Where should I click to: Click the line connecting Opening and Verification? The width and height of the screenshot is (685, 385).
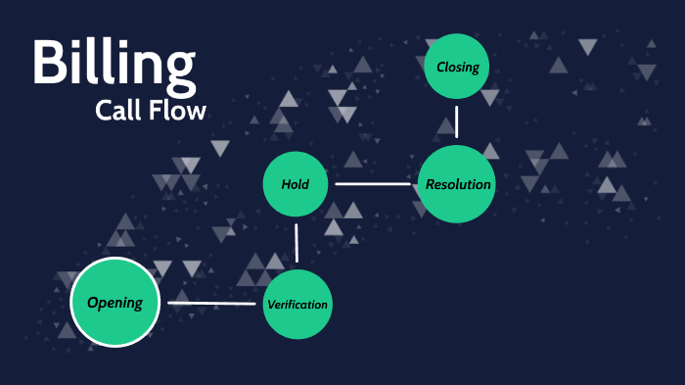click(x=212, y=303)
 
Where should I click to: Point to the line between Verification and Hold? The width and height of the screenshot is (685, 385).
click(x=297, y=243)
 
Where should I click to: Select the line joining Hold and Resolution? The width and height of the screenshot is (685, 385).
click(x=374, y=183)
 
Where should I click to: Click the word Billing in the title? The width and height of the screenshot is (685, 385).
click(x=114, y=64)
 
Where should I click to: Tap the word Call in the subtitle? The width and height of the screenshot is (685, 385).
click(x=120, y=111)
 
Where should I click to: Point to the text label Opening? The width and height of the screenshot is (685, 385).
click(x=114, y=303)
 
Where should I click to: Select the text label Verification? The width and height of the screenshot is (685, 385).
click(x=297, y=305)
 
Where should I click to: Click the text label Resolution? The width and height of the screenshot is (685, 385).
click(x=458, y=184)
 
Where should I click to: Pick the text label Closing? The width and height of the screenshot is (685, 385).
click(x=458, y=68)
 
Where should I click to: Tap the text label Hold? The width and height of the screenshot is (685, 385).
click(x=295, y=184)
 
